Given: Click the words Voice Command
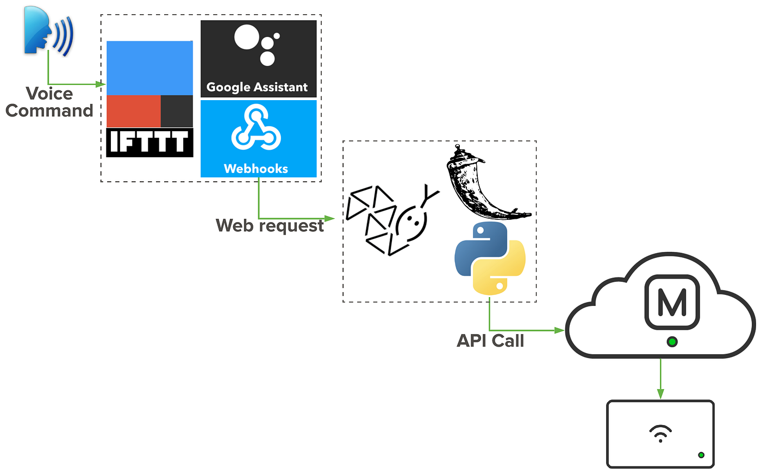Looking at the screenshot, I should point(49,102).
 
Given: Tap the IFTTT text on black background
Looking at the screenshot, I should point(149,143).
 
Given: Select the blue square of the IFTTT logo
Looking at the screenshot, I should point(149,68).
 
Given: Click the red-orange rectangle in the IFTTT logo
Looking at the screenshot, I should point(133,111).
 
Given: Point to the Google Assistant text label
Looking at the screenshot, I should point(257,87).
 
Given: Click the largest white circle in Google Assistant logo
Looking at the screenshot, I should point(246,37).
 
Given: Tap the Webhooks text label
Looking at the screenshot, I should point(256,169).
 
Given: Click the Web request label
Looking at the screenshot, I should point(270,225).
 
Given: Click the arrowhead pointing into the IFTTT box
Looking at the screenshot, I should point(101,84).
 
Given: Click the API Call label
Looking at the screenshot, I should point(490,341).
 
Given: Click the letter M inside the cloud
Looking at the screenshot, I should point(672,303).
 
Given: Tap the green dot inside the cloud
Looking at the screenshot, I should point(672,342).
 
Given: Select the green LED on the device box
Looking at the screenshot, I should point(701,455).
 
